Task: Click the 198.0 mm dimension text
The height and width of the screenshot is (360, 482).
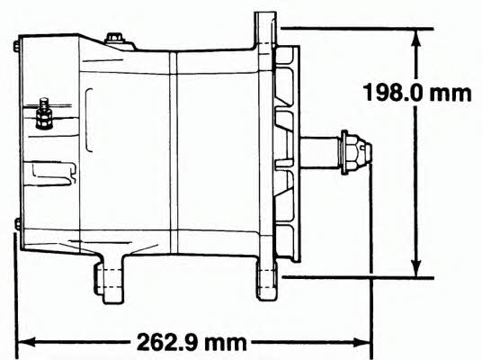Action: (417, 93)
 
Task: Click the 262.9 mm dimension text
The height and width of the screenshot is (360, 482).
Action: (192, 342)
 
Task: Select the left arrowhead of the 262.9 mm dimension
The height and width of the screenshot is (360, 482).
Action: (27, 342)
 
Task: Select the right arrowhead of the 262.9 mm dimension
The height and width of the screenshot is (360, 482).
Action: (362, 342)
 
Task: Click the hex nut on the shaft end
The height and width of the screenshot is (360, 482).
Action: (356, 152)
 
